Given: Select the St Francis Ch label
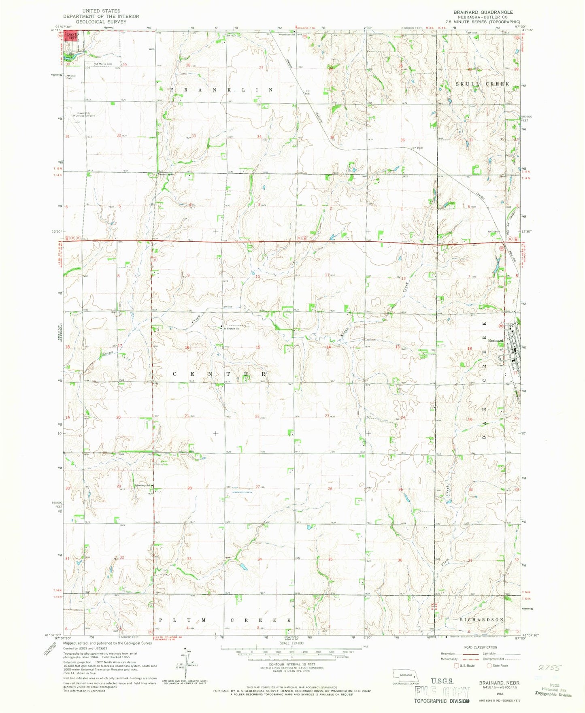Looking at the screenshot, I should pyautogui.click(x=230, y=328).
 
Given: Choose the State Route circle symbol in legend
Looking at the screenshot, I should pyautogui.click(x=489, y=666).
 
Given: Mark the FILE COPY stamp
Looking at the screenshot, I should pyautogui.click(x=441, y=692).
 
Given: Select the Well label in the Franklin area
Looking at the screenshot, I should pyautogui.click(x=151, y=49).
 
